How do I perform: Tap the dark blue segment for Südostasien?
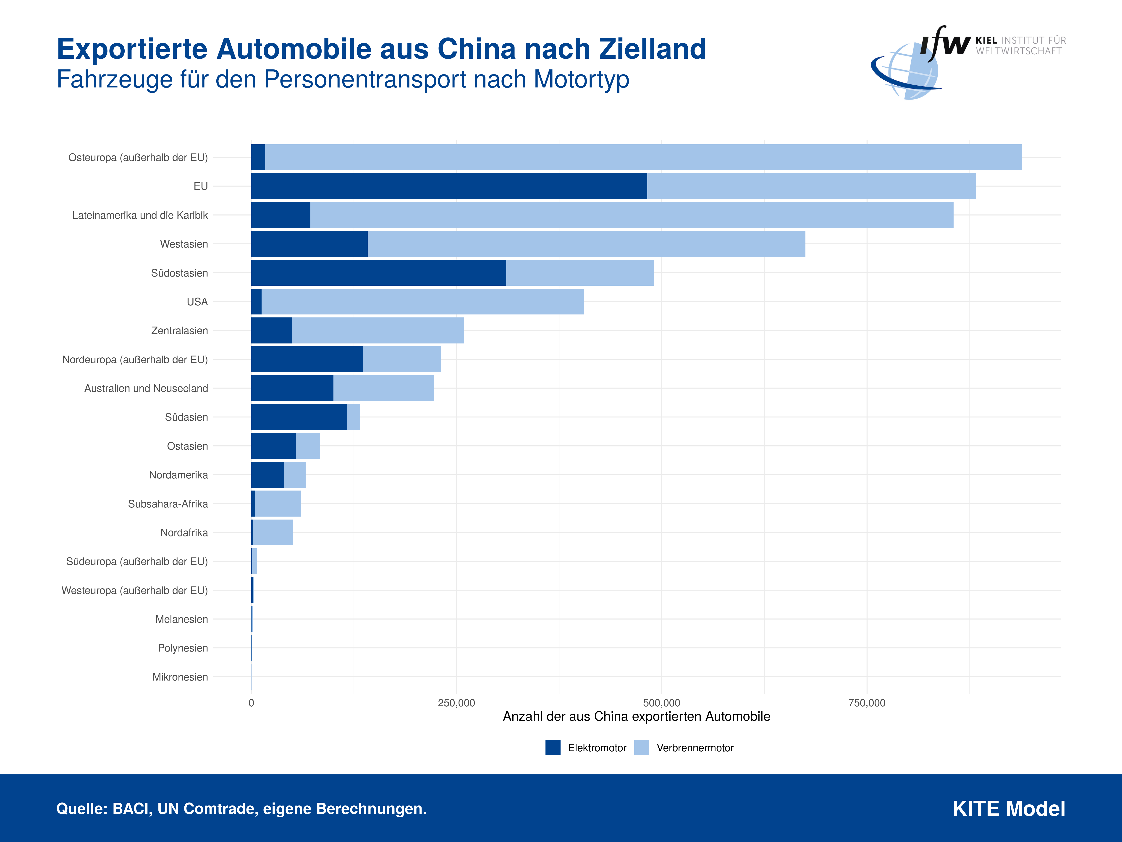(378, 272)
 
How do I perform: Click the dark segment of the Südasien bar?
(299, 417)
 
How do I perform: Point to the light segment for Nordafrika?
(273, 532)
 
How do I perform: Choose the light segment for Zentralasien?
(378, 330)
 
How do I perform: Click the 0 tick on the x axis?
(251, 703)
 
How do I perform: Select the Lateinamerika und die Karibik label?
(140, 215)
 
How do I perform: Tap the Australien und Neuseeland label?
(146, 388)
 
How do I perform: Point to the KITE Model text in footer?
(1008, 808)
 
